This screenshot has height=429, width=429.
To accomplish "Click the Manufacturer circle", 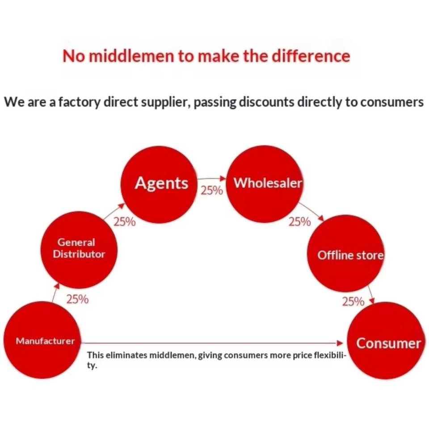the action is [42, 340].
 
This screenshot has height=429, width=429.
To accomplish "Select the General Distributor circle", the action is [79, 250].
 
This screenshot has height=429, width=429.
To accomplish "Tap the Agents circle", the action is [159, 185].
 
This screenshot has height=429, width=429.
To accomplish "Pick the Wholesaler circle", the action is [265, 184].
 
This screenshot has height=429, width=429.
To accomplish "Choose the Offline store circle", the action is [345, 253].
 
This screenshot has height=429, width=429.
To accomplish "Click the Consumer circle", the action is [386, 341].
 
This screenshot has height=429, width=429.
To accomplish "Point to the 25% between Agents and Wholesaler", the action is [212, 190].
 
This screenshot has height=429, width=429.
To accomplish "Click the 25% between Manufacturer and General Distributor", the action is [77, 299].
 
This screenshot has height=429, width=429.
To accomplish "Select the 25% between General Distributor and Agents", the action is [125, 222].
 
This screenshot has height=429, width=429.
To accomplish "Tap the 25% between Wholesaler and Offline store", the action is [299, 222].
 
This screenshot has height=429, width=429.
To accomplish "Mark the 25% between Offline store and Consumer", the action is [353, 302].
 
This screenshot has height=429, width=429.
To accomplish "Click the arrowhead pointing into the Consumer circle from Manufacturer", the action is [340, 343].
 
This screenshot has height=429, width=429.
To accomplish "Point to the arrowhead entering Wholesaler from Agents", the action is [223, 178].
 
